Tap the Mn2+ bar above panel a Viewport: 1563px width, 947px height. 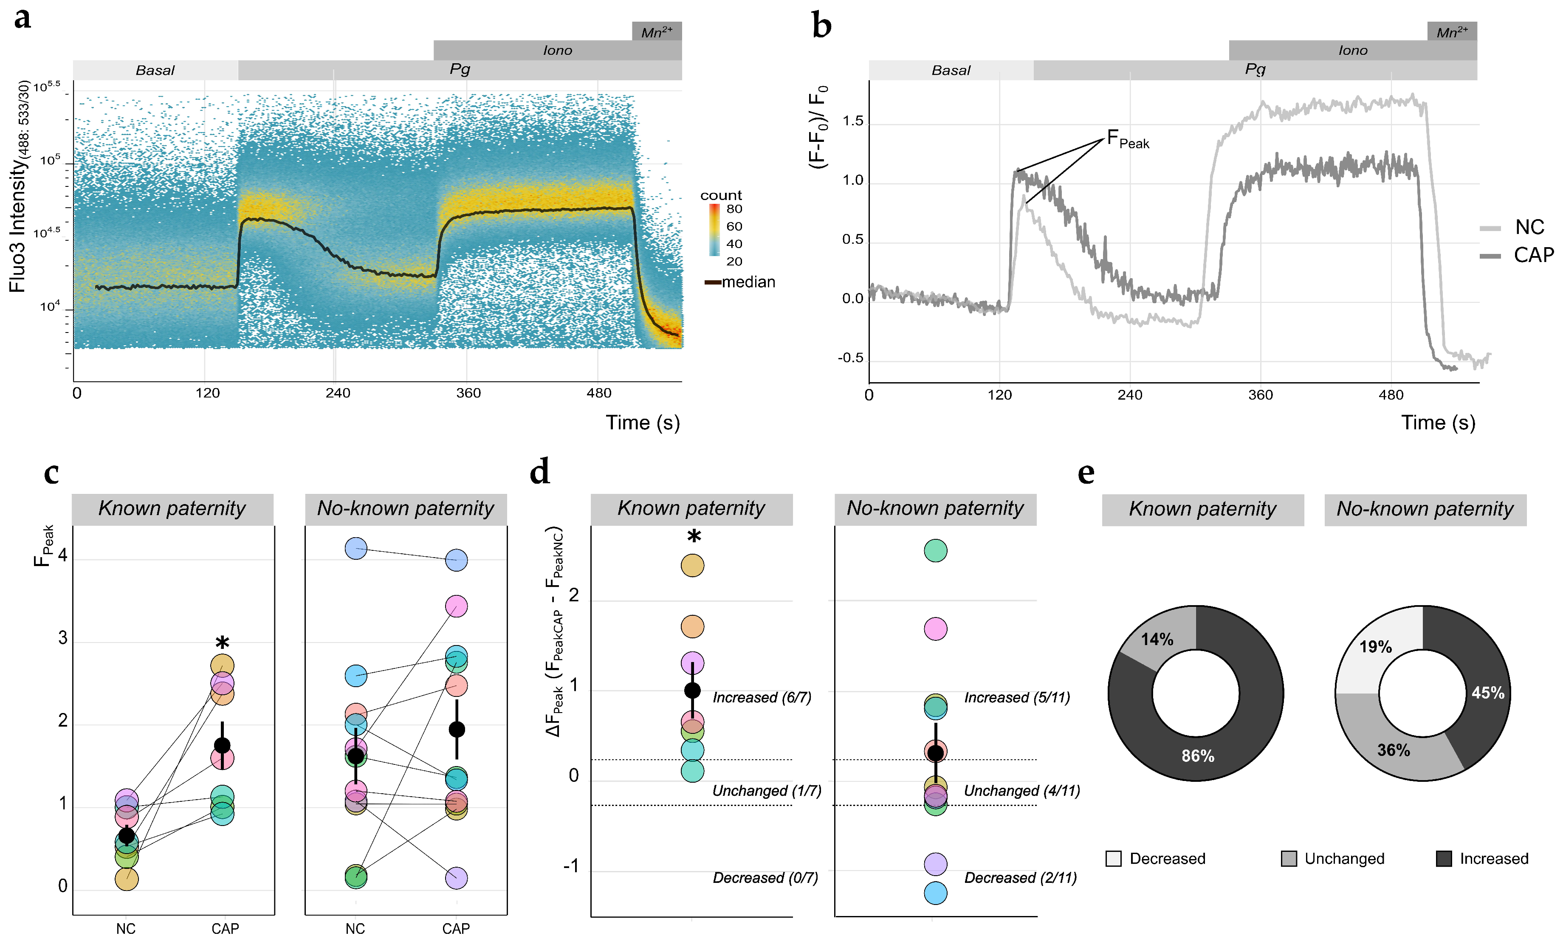(x=657, y=31)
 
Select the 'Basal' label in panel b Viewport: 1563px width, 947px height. (x=950, y=70)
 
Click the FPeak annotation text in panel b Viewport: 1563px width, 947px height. (x=1127, y=140)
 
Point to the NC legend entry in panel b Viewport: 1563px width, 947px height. (x=1529, y=227)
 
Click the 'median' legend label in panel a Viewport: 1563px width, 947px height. (x=748, y=282)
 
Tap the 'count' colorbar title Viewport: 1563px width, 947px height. (x=721, y=195)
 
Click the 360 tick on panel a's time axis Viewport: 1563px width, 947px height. (x=468, y=393)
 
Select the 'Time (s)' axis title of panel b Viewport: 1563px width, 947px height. (x=1438, y=423)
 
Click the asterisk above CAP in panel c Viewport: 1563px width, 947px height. (x=222, y=642)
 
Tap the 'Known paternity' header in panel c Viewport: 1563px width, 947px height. (x=172, y=509)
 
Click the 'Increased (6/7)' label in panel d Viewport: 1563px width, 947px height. (x=761, y=698)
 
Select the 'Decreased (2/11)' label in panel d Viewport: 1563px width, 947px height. (x=1020, y=878)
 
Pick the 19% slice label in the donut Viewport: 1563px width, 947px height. (x=1375, y=647)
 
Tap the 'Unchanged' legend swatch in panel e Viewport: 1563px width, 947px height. (x=1288, y=859)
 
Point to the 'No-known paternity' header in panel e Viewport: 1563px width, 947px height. (x=1425, y=509)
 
